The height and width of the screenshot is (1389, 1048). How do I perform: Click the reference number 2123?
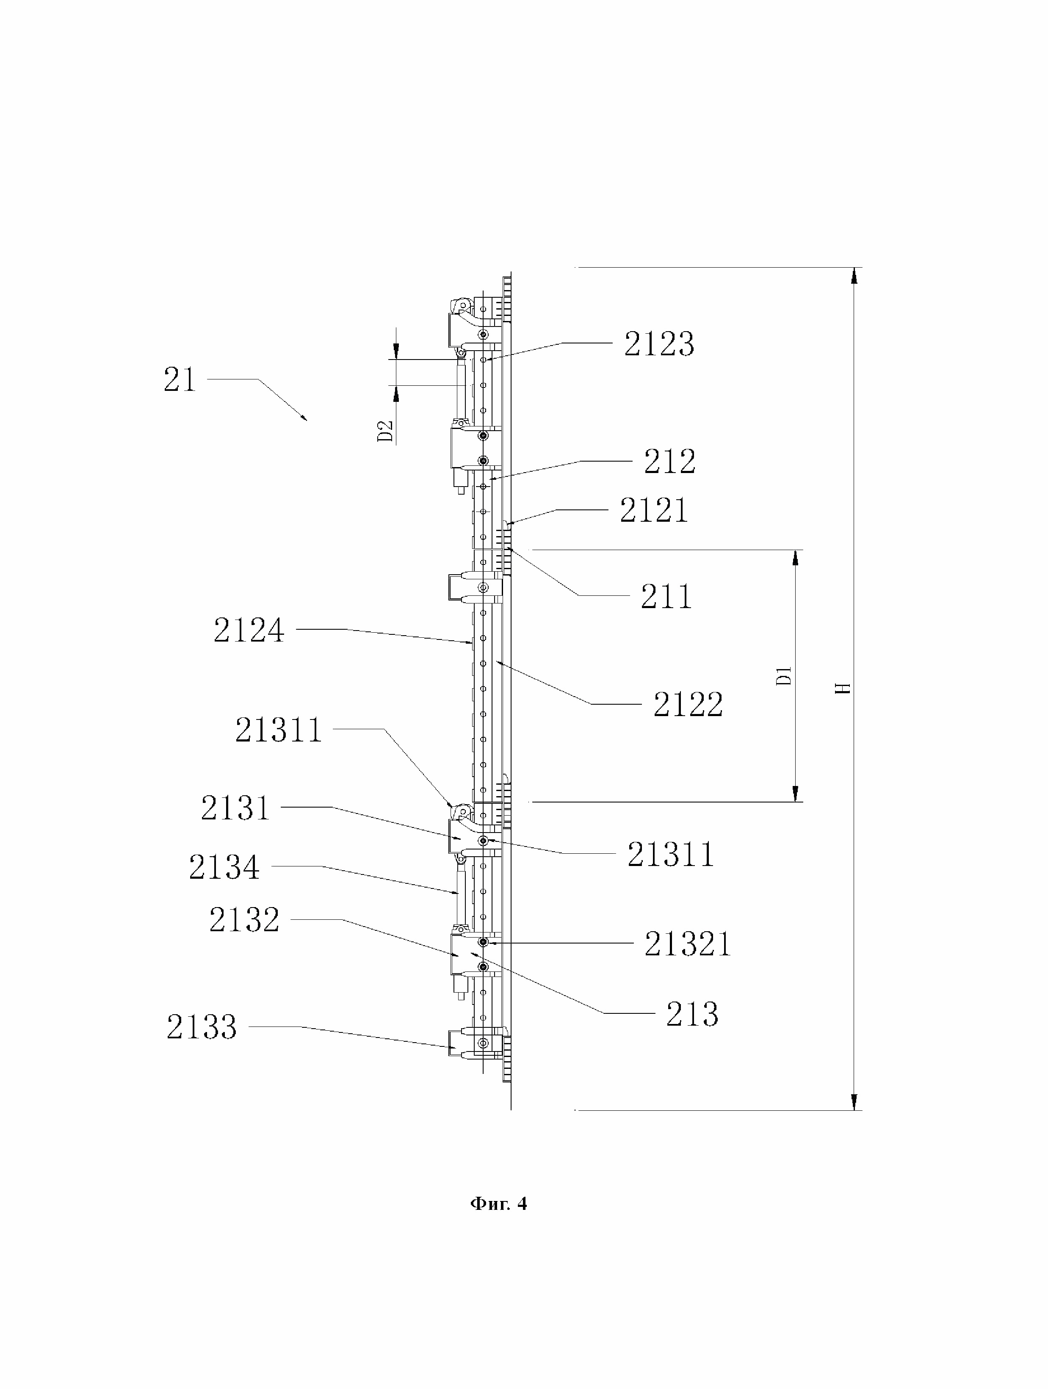coord(659,344)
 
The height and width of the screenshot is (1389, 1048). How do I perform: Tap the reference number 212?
coord(669,462)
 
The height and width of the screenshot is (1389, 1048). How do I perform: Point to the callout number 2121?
coord(654,510)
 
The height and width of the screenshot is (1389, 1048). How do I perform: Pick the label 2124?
coord(249,630)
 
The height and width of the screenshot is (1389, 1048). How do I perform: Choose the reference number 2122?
coord(688,704)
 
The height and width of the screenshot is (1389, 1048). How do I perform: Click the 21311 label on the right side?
coord(671,855)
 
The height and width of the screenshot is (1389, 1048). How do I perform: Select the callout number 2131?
coord(235,808)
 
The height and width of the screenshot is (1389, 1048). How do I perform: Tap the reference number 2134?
coord(224,868)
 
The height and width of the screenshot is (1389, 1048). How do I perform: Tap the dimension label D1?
coord(784,676)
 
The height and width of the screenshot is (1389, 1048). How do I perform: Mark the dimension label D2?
coord(385,431)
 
